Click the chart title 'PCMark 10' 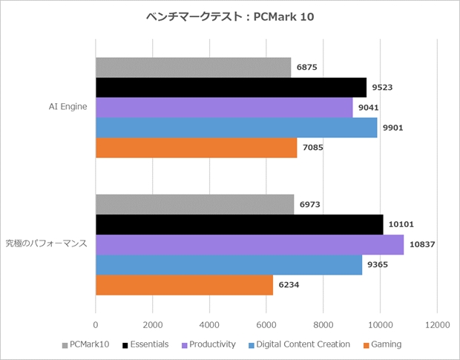coord(229,16)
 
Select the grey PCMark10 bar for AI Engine coord(193,68)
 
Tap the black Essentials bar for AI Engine coord(231,88)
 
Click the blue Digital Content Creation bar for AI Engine coord(236,128)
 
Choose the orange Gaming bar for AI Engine coord(196,148)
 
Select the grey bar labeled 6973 coord(194,204)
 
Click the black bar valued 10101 coord(239,224)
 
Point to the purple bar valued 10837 coord(249,244)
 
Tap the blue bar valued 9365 coord(229,264)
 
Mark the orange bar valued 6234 coord(184,284)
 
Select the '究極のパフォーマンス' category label coord(47,243)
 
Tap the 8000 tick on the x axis coord(323,324)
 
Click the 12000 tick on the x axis coord(437,324)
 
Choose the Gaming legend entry coord(383,344)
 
